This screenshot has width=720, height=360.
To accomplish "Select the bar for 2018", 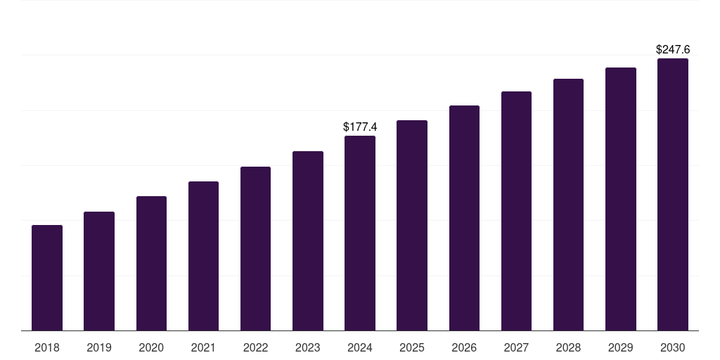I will [47, 278].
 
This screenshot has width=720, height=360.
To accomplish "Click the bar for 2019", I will [99, 271].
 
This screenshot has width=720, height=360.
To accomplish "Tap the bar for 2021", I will [203, 256].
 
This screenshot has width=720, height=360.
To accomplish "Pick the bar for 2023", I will [308, 240].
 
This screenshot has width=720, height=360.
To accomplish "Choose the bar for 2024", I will [360, 233].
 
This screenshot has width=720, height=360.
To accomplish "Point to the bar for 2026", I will [464, 218].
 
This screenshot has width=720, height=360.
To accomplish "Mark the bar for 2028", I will [568, 205].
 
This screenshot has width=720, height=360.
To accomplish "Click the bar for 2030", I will [673, 194].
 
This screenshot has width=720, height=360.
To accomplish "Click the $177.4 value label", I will [360, 127].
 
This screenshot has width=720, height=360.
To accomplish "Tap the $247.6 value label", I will [673, 50].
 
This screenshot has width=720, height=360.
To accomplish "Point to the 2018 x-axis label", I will [47, 347].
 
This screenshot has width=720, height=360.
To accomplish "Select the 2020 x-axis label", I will [151, 347].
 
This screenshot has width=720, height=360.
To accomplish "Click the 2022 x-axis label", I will [255, 347].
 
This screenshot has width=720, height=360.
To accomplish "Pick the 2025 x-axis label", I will [412, 347].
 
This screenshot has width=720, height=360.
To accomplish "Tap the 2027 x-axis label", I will [516, 347].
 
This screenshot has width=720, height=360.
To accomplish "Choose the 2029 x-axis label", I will [621, 347].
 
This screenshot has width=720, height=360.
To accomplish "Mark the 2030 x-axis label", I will [673, 347].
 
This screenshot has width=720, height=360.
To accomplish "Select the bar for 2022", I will [255, 248].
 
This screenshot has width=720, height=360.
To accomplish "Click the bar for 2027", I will [516, 211].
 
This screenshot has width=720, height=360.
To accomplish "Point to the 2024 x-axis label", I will [360, 347].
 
